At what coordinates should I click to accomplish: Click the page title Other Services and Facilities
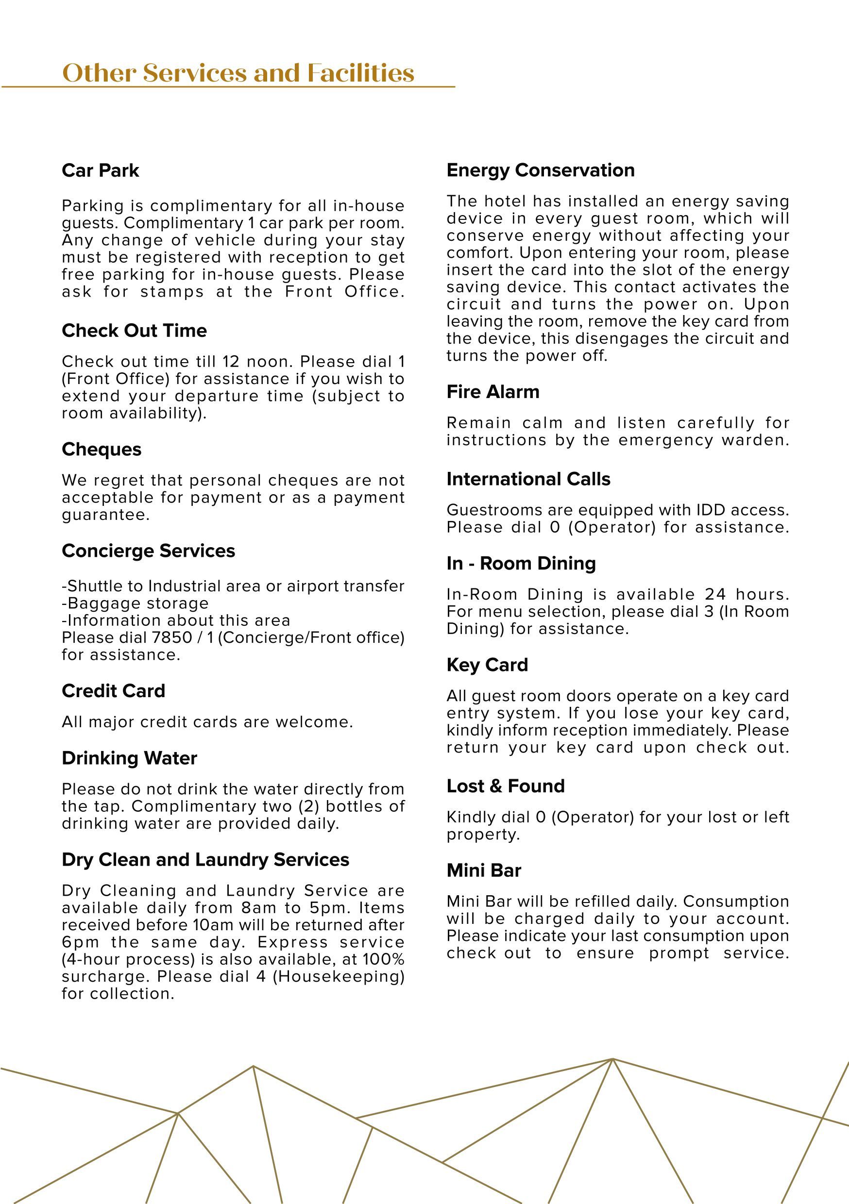[238, 73]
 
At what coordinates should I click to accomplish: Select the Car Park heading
[100, 170]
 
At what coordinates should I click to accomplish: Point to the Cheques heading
[102, 450]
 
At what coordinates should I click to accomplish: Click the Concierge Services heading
[149, 551]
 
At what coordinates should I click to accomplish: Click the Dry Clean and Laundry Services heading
[205, 859]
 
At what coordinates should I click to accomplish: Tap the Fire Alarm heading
[492, 392]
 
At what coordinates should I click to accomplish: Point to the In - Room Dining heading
[521, 563]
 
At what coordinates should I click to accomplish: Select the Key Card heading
[487, 665]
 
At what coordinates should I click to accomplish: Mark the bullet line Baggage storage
[135, 603]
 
